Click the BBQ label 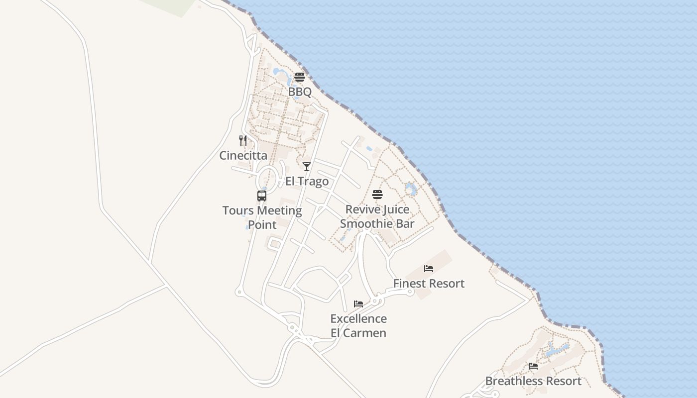(300, 92)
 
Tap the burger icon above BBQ (299, 77)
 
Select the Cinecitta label (243, 156)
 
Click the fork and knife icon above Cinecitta (243, 141)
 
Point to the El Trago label (307, 182)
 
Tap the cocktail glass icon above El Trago (307, 167)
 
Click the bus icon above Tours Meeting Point (262, 196)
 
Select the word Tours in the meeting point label (238, 210)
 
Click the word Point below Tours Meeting (262, 225)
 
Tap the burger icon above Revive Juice (377, 195)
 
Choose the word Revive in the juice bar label (361, 209)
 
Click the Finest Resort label (429, 284)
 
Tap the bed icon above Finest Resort (429, 269)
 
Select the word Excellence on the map (358, 319)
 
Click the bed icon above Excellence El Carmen (358, 304)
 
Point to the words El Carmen (358, 333)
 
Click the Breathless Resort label (533, 381)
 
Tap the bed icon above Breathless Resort (533, 366)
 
